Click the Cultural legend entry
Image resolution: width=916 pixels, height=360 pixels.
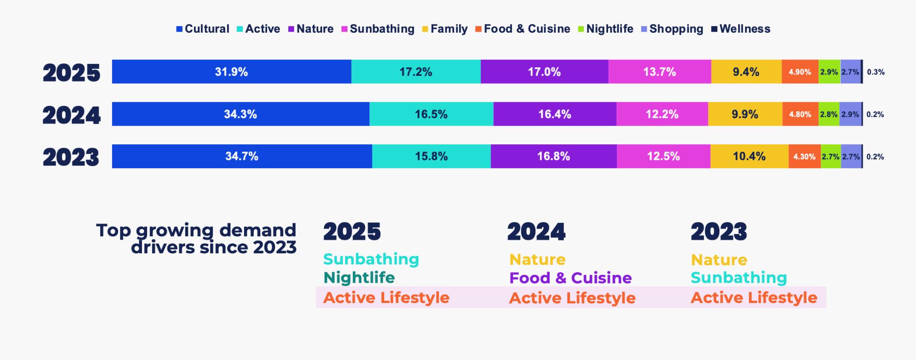[x=203, y=29]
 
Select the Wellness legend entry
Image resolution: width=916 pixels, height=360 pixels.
[x=741, y=29]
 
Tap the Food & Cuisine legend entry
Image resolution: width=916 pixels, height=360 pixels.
[x=523, y=29]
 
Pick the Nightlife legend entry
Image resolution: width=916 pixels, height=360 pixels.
[x=606, y=29]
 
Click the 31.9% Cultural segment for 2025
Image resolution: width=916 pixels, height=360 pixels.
[x=232, y=72]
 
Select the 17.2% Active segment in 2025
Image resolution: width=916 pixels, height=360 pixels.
[x=416, y=72]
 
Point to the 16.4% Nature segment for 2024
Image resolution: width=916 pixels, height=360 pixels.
[x=555, y=114]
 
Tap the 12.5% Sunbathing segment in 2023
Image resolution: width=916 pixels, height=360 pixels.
[x=664, y=156]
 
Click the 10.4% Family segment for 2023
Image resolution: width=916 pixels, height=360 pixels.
[x=750, y=156]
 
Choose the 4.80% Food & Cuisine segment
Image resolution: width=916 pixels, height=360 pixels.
[x=800, y=114]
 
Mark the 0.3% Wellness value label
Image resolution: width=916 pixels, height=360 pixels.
[x=876, y=72]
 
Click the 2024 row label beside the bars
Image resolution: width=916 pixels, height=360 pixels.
[x=72, y=115]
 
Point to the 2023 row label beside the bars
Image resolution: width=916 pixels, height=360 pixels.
[x=71, y=157]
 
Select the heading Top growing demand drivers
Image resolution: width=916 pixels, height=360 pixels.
[x=196, y=239]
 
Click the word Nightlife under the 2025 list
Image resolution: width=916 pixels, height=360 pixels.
[x=359, y=278]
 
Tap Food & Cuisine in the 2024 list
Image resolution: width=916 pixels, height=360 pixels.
[x=570, y=278]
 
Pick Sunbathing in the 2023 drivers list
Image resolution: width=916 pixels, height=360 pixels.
[x=739, y=278]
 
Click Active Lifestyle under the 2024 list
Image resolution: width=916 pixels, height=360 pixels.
[x=572, y=298]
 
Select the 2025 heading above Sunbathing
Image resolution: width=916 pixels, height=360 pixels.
[x=352, y=231]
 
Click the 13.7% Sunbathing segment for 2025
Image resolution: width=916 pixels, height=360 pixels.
[x=660, y=72]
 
